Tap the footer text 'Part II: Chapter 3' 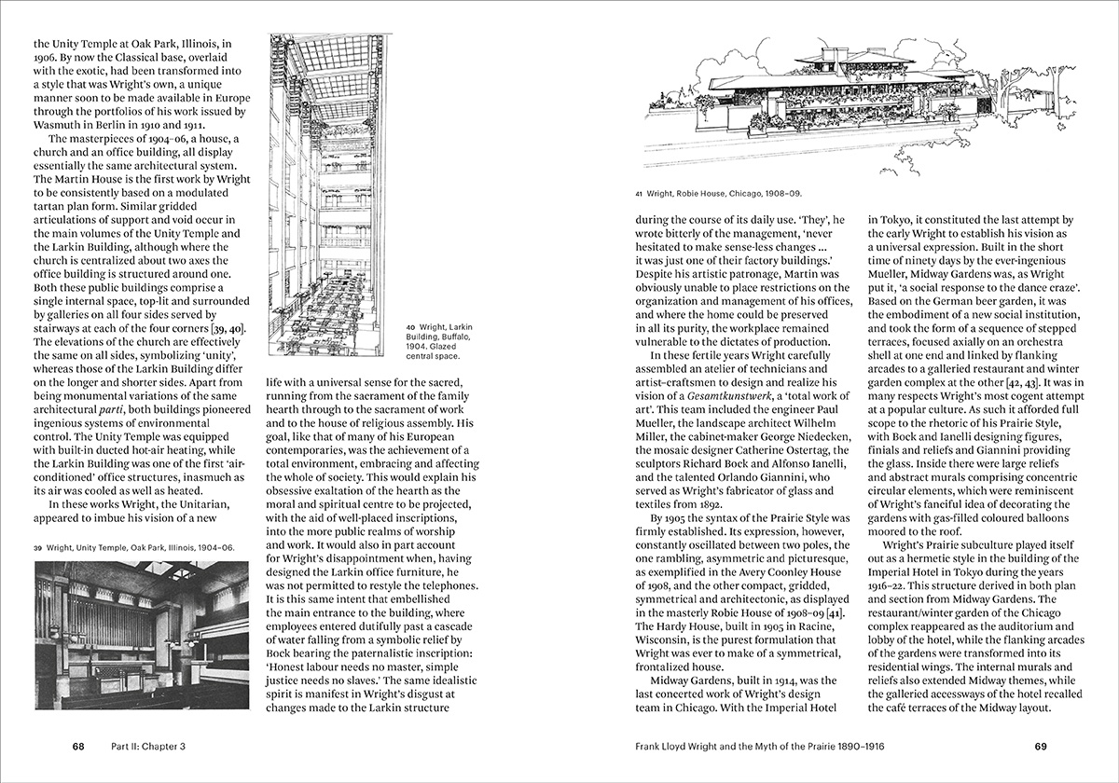[148, 747]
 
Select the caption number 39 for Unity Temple [40, 548]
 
